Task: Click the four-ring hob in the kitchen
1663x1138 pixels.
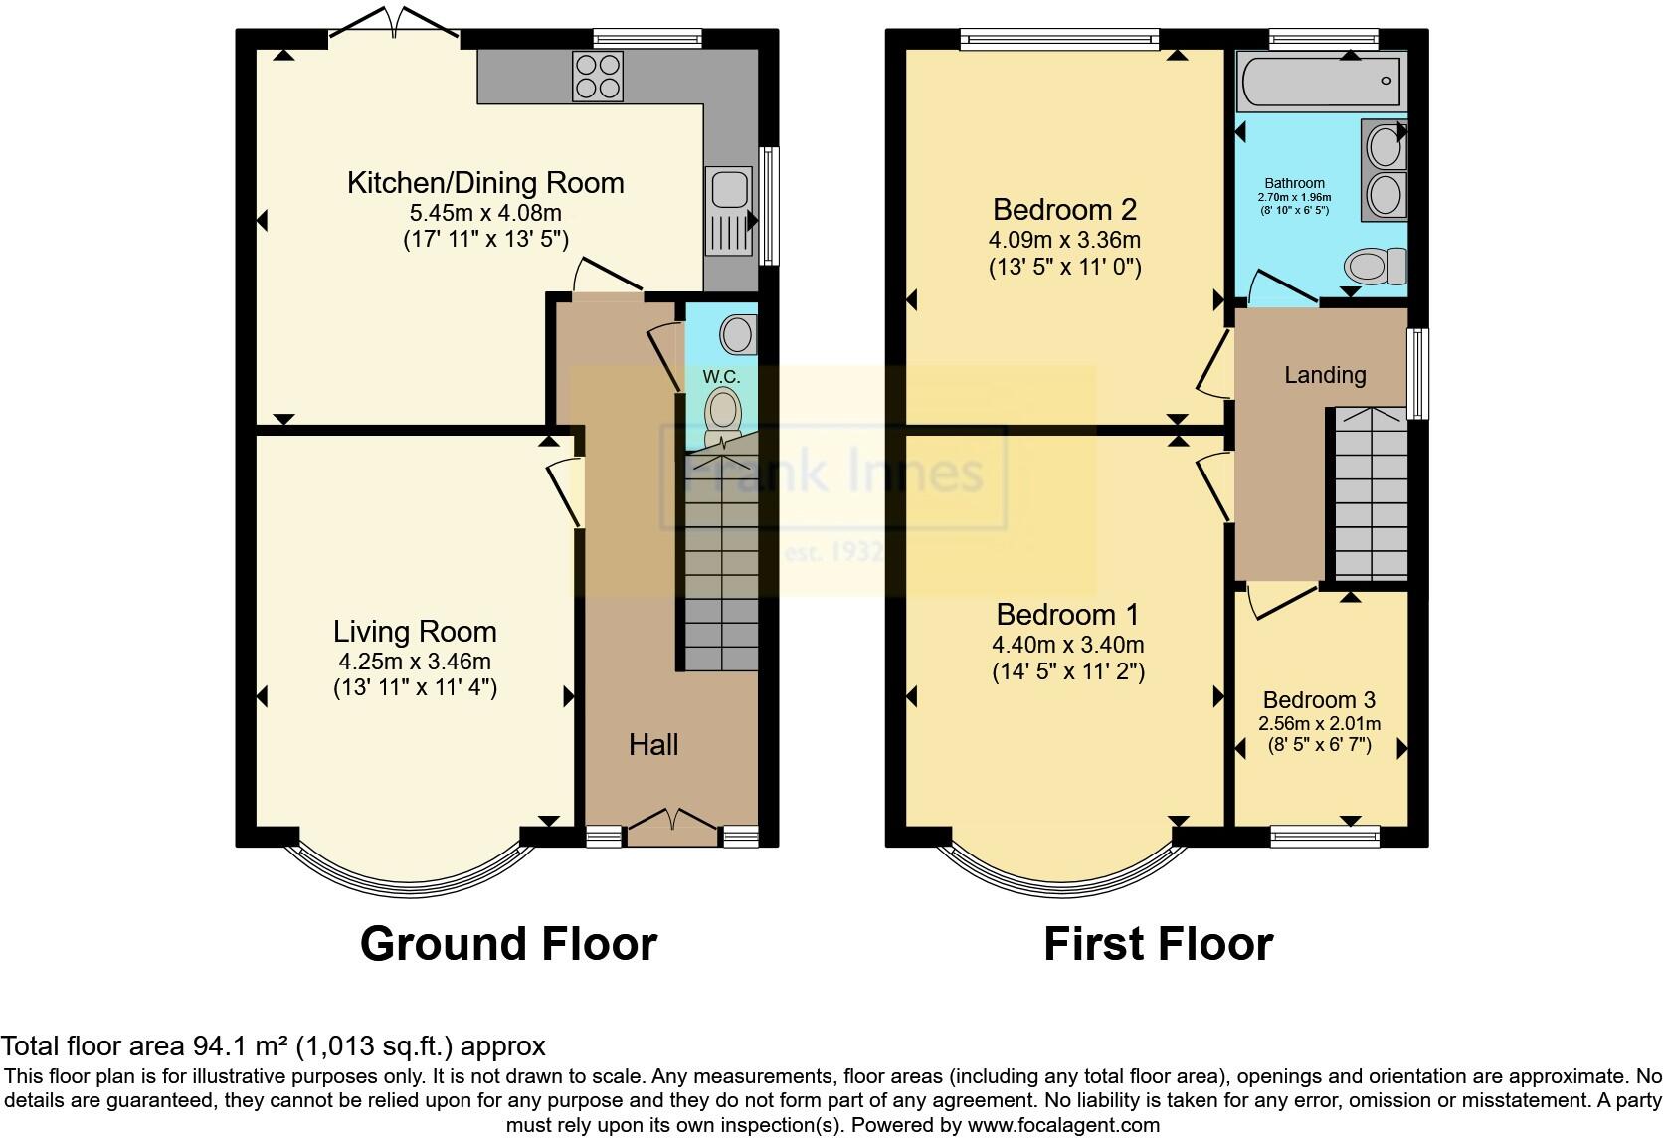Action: click(x=598, y=76)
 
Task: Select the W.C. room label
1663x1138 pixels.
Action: click(x=721, y=377)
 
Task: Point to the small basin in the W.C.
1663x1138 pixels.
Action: click(x=738, y=334)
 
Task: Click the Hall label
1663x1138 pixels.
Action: click(x=653, y=744)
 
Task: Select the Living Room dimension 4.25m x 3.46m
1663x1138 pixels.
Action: click(x=415, y=662)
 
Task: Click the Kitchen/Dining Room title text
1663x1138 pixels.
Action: click(x=485, y=183)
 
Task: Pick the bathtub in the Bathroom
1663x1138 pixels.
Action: click(x=1319, y=82)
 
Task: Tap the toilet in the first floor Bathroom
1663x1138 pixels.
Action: click(x=1376, y=266)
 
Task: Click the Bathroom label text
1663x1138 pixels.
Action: click(x=1294, y=183)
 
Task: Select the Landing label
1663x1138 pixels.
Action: click(x=1325, y=375)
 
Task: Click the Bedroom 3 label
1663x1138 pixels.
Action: click(x=1319, y=700)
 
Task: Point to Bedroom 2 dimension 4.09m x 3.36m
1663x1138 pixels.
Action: click(x=1064, y=240)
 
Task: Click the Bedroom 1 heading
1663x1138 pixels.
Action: click(x=1067, y=614)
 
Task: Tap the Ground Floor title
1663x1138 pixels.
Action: click(x=508, y=943)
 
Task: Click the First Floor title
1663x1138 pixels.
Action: click(x=1158, y=943)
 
